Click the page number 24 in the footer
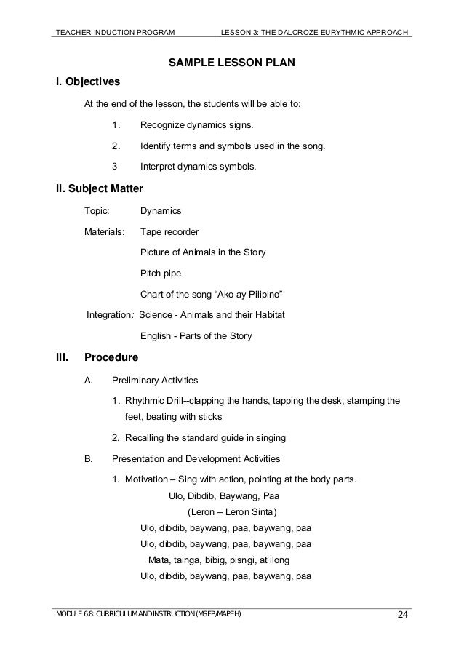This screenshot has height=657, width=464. (402, 618)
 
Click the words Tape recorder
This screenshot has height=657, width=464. (169, 232)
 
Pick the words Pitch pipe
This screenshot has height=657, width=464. (161, 274)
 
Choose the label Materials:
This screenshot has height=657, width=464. (105, 232)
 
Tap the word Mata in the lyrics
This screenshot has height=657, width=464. (159, 560)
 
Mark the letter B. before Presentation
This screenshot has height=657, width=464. (89, 459)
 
